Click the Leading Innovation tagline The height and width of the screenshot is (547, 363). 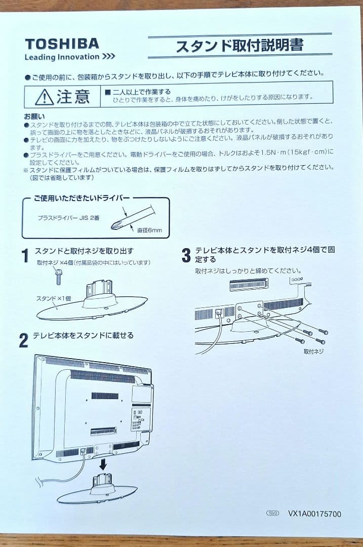(70, 57)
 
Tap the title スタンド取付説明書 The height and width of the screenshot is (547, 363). (239, 46)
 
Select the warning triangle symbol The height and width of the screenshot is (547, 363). (44, 96)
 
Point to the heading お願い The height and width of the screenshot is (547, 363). (34, 116)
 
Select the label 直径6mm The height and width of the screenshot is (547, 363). (149, 231)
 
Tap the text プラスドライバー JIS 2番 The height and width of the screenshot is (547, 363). (69, 218)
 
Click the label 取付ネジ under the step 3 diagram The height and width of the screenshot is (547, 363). (313, 350)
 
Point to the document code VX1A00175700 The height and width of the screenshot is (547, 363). (314, 514)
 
